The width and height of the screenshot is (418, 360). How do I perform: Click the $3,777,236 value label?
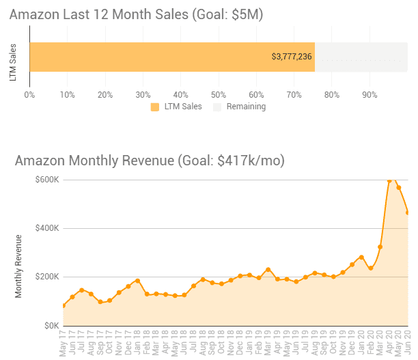click(x=292, y=57)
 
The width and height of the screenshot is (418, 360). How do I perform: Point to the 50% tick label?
click(x=219, y=94)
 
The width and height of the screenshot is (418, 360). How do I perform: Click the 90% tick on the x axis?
click(x=370, y=94)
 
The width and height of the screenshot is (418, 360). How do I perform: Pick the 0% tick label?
click(x=29, y=94)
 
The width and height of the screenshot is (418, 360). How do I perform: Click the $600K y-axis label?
click(x=47, y=180)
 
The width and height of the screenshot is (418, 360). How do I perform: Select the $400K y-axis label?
click(x=47, y=228)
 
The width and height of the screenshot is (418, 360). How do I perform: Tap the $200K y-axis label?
click(x=47, y=277)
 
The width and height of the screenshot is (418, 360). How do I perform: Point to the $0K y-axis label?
click(x=50, y=326)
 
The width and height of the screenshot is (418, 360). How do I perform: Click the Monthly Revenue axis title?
click(x=18, y=266)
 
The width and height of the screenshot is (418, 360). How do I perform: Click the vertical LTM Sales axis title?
click(x=14, y=62)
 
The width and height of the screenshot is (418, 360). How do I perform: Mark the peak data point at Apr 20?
click(x=389, y=181)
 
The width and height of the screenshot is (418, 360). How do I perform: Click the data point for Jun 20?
click(x=408, y=212)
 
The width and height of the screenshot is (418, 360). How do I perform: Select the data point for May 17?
click(x=64, y=305)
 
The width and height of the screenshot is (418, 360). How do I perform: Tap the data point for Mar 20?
click(x=380, y=247)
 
